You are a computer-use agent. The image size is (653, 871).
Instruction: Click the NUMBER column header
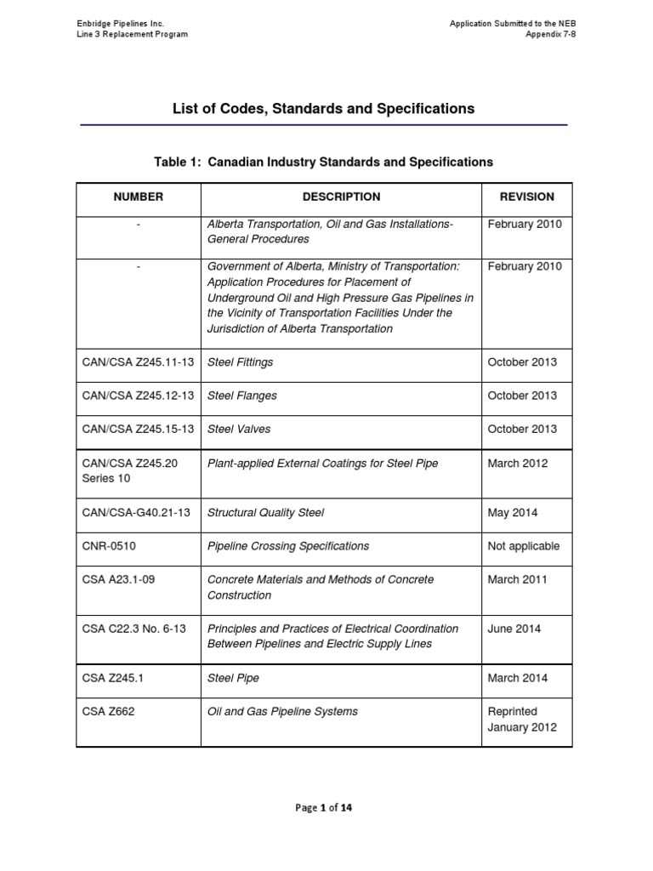click(139, 196)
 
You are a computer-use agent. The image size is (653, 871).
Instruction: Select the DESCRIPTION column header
click(341, 196)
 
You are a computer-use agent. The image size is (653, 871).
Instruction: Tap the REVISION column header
click(526, 196)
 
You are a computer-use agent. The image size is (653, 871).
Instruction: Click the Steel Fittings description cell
click(241, 362)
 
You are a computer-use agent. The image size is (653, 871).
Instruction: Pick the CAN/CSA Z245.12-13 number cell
click(138, 396)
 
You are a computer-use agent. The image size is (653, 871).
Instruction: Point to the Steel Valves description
click(239, 429)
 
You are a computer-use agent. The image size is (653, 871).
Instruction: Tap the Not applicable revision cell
click(524, 546)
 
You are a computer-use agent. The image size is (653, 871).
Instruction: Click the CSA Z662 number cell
click(106, 711)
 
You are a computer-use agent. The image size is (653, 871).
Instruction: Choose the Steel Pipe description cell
click(234, 678)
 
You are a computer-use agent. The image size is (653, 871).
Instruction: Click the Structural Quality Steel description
click(266, 513)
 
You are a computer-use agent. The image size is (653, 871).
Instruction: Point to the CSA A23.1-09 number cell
click(118, 579)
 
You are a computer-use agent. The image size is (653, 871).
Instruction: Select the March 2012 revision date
click(518, 464)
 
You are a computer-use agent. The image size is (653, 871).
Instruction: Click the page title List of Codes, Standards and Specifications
click(324, 109)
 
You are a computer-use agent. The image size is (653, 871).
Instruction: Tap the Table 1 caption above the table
click(323, 161)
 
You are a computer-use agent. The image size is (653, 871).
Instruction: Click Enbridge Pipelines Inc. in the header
click(117, 23)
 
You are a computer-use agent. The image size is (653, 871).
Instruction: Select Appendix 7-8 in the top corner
click(547, 34)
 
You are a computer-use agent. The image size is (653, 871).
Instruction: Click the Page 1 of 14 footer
click(323, 807)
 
